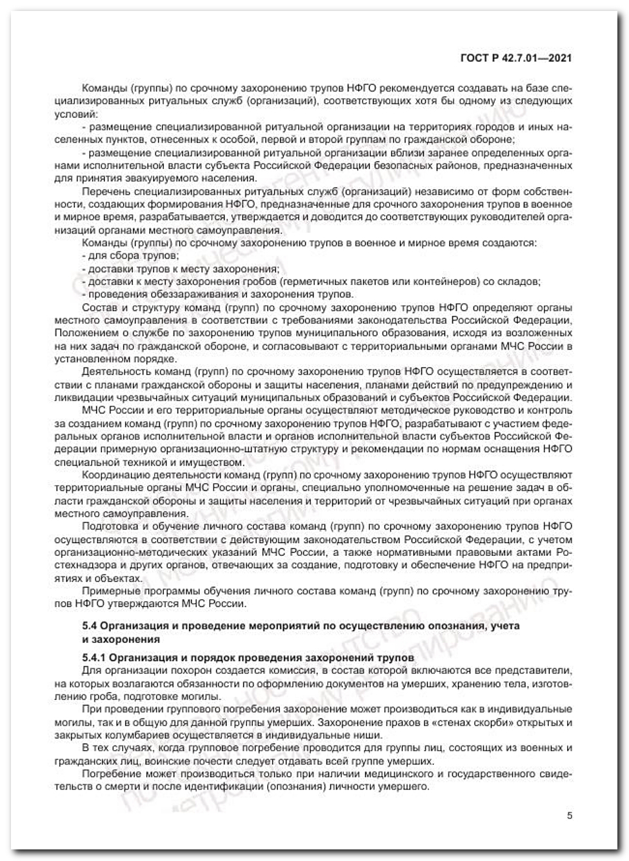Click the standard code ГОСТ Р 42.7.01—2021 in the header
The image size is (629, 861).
pyautogui.click(x=515, y=59)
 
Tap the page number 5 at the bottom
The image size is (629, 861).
pyautogui.click(x=569, y=815)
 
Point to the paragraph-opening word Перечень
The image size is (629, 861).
pyautogui.click(x=106, y=192)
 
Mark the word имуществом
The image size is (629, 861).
pyautogui.click(x=211, y=462)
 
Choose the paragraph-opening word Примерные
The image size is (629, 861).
pyautogui.click(x=107, y=591)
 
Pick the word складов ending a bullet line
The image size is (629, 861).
pyautogui.click(x=521, y=282)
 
